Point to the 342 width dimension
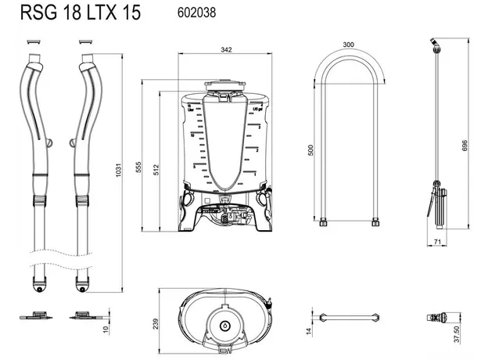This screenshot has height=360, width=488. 226,50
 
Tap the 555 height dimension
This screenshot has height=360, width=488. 138,156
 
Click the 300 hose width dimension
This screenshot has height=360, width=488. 348,45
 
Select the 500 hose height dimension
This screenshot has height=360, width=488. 310,149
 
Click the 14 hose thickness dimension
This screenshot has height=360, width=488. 310,331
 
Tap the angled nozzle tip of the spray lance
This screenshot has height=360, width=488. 431,43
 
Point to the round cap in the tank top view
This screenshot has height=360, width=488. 226,325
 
